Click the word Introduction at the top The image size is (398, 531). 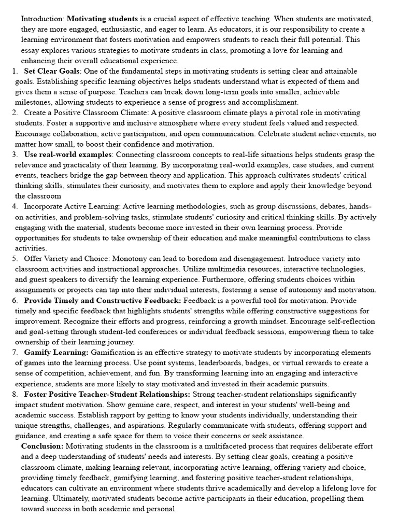pyautogui.click(x=42, y=19)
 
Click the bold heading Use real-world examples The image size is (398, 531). pyautogui.click(x=67, y=155)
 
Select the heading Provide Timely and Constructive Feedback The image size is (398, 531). pyautogui.click(x=103, y=300)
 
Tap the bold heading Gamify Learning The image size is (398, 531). pyautogui.click(x=56, y=352)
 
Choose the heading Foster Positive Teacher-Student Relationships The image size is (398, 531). pyautogui.click(x=107, y=394)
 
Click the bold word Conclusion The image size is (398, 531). pyautogui.click(x=42, y=446)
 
